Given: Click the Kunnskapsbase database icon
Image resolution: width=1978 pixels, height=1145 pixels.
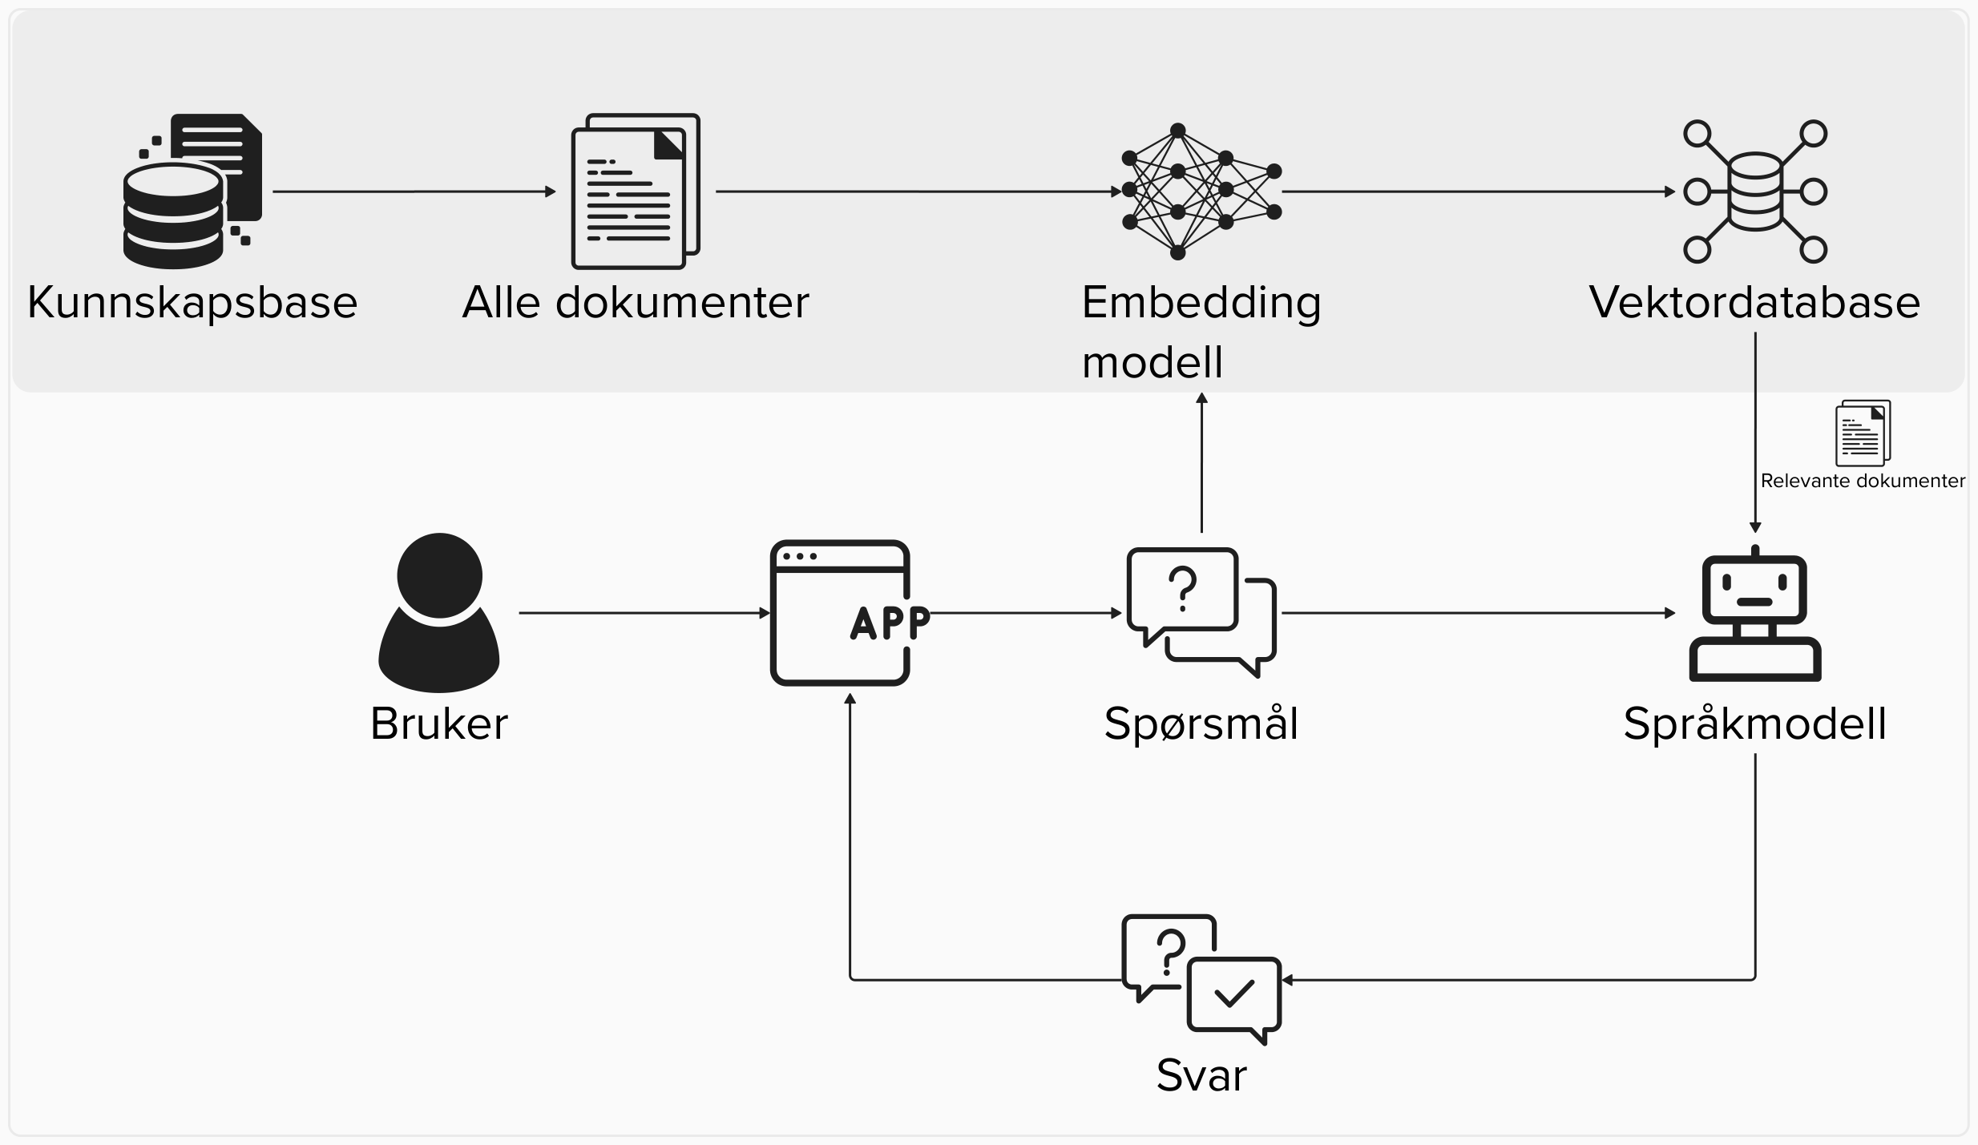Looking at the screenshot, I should [192, 192].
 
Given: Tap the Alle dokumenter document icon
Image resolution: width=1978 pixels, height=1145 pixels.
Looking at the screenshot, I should [636, 192].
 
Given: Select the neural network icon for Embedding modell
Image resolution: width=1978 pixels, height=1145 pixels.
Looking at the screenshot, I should [1201, 192].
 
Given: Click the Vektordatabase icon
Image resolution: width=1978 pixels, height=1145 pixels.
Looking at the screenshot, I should [1754, 192].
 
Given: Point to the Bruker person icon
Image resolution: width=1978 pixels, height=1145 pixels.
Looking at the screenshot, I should [439, 612].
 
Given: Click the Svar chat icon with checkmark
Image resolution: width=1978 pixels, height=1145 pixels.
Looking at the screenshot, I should [1201, 979].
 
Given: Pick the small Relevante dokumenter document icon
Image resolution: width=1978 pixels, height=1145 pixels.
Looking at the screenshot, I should [1863, 433].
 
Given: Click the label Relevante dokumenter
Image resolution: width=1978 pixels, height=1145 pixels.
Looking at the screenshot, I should [1863, 481].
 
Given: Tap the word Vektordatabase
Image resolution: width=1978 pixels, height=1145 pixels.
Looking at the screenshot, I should [1754, 302].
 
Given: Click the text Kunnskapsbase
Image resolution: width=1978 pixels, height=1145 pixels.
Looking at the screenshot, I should [192, 302].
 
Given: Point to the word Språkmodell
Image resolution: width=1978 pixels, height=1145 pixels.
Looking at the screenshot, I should [1754, 724].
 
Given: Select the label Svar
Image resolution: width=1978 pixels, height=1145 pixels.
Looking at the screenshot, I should [1201, 1074].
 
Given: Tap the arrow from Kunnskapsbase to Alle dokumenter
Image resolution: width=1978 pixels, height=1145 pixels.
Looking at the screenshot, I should [414, 192].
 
